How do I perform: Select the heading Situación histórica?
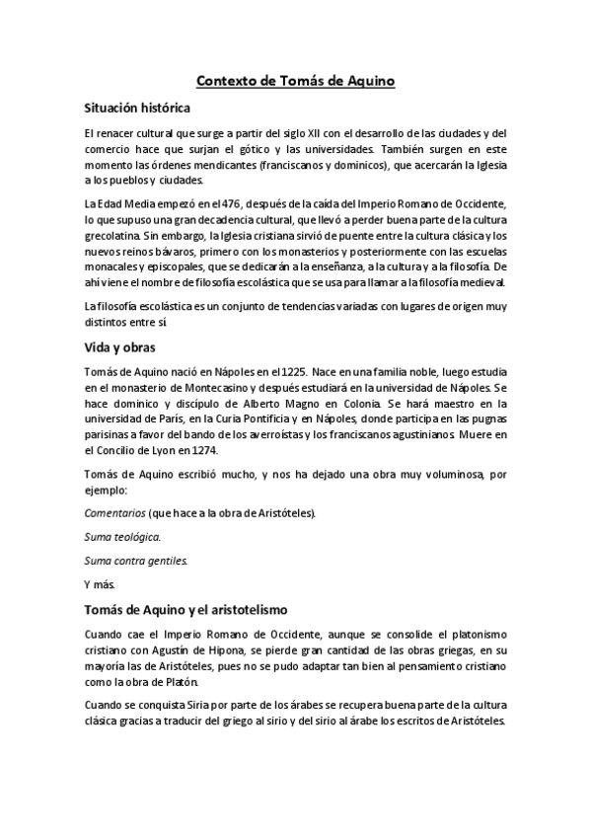pos(136,108)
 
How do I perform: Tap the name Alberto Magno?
pos(307,403)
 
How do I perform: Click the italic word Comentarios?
pos(112,513)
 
